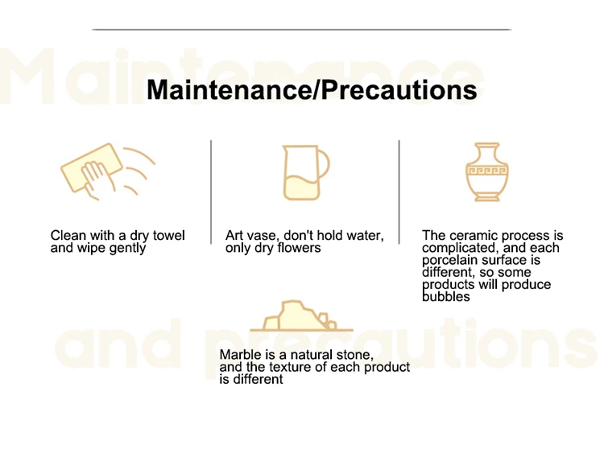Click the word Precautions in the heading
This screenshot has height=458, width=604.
[399, 89]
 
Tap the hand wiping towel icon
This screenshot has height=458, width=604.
[108, 171]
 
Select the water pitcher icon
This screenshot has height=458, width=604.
[306, 172]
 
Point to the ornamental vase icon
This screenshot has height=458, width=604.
[487, 171]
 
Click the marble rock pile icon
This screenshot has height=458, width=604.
[302, 316]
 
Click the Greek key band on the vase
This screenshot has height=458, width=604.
[487, 170]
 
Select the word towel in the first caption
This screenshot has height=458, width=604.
[169, 235]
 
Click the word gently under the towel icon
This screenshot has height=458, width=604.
[127, 248]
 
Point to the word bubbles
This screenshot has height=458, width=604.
[446, 297]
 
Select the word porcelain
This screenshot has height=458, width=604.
[450, 260]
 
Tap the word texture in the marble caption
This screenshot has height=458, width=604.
[290, 367]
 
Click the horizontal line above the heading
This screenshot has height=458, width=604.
[302, 29]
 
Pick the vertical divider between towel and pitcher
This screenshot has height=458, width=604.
[211, 192]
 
